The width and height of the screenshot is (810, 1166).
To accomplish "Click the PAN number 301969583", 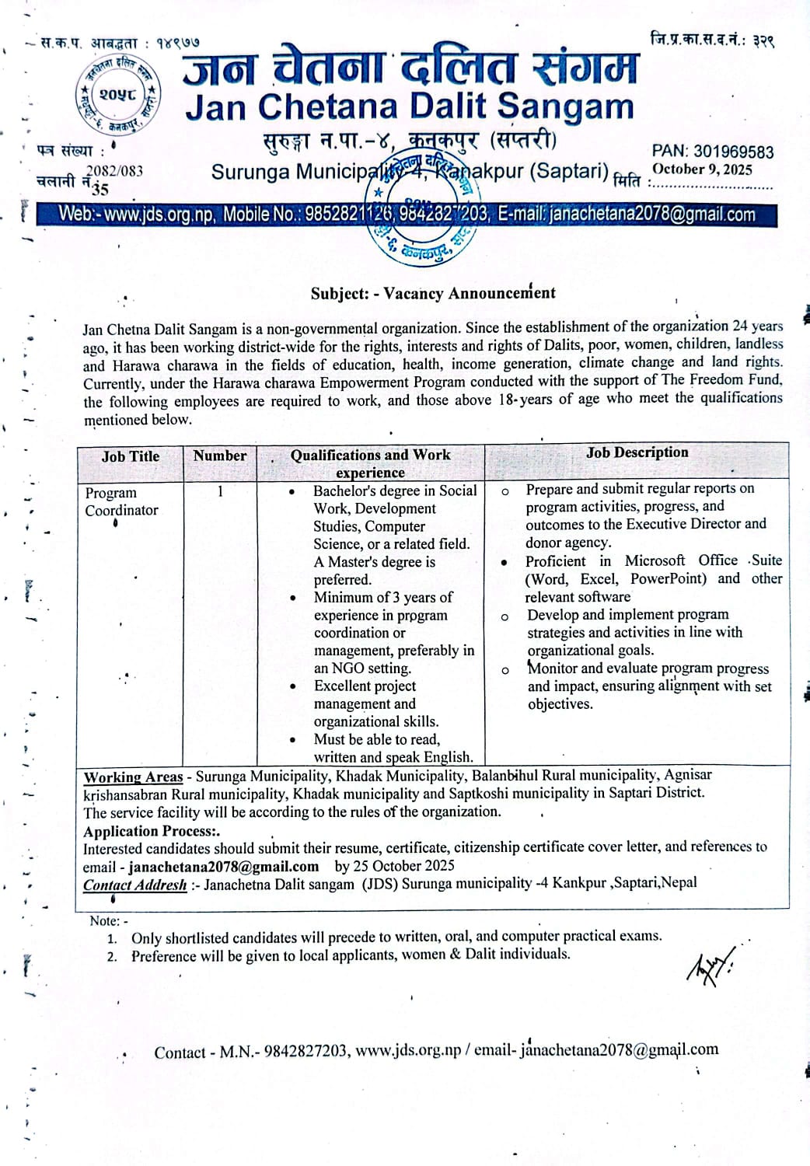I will click(713, 152).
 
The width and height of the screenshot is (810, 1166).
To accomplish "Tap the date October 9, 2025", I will click(702, 169).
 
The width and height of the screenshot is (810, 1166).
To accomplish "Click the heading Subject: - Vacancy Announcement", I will click(433, 293).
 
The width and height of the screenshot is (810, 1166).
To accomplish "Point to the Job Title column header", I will click(130, 456).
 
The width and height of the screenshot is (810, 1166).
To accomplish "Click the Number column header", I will click(220, 456).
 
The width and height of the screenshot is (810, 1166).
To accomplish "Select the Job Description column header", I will click(637, 452).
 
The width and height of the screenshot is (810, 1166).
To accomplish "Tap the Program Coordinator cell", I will click(121, 501).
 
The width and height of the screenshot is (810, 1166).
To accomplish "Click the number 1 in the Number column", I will click(220, 490).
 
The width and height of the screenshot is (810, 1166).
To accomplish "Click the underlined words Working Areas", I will click(133, 777).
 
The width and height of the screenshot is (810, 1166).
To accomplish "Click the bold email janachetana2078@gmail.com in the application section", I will click(224, 866).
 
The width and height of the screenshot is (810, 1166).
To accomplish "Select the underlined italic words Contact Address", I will click(134, 885).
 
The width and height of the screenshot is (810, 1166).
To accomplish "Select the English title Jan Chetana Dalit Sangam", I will click(410, 106).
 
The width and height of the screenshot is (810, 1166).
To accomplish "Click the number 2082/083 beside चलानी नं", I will click(114, 171).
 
